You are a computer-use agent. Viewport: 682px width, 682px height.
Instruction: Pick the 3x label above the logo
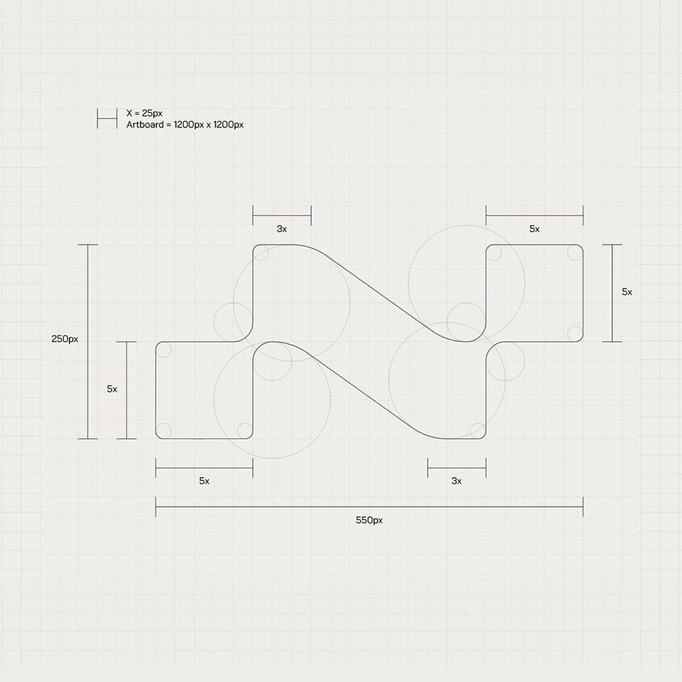[282, 229]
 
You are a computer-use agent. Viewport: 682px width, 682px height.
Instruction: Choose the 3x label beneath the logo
[456, 481]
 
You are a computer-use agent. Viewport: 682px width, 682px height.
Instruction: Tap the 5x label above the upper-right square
[534, 229]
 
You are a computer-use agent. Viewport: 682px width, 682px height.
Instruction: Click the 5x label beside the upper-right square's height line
[627, 292]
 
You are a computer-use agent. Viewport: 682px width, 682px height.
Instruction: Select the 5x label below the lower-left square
[204, 481]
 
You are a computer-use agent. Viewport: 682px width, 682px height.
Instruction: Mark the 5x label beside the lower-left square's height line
[112, 389]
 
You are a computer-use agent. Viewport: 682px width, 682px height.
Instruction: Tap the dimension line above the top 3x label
[282, 215]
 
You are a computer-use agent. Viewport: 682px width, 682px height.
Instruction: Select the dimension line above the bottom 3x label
[457, 468]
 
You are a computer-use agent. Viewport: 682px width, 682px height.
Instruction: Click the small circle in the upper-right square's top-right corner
[575, 253]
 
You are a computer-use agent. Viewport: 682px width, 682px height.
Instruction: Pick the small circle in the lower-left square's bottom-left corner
[164, 431]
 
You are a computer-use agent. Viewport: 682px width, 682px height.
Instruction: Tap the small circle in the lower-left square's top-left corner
[164, 350]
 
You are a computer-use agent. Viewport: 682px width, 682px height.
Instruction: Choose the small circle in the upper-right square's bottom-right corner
[575, 334]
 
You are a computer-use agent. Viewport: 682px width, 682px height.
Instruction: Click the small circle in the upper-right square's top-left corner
[494, 253]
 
